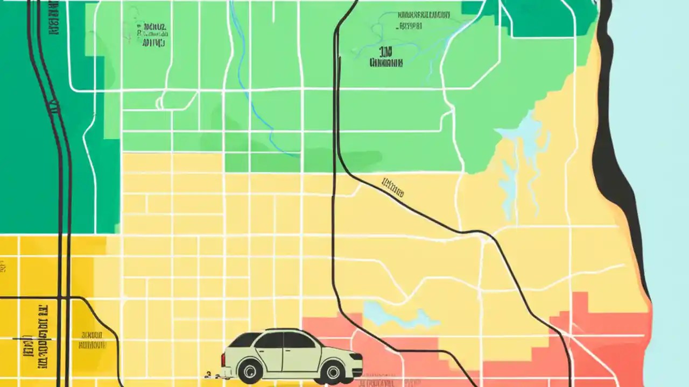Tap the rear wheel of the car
click(250, 370)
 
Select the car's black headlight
click(356, 356)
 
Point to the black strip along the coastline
click(614, 161)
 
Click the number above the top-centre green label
click(385, 52)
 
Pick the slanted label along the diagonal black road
click(393, 187)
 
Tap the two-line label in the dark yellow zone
click(92, 340)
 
